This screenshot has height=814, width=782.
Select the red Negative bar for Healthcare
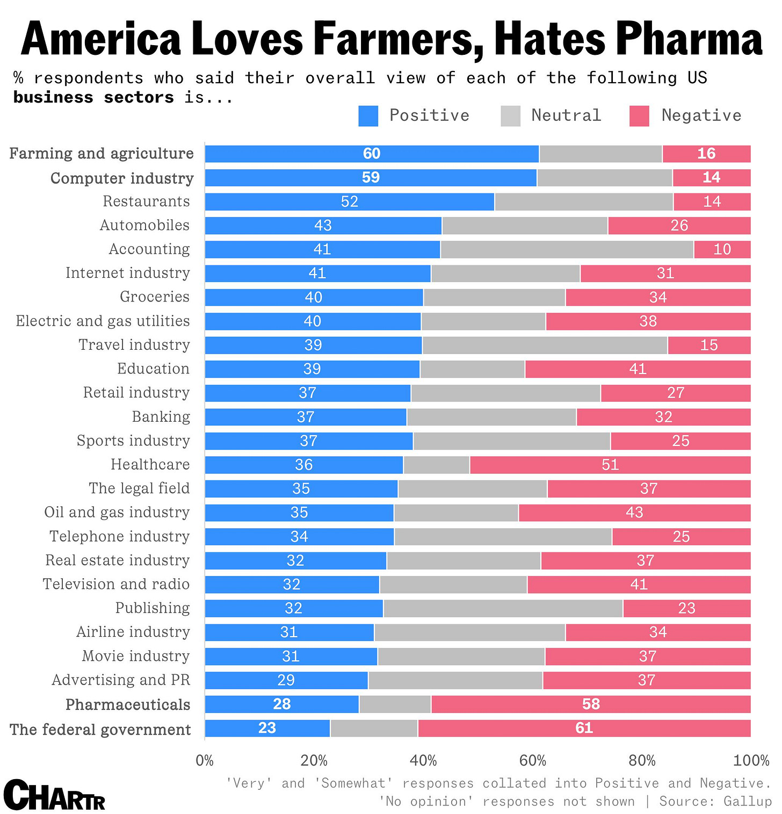point(610,465)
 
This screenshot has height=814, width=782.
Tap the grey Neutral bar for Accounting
point(567,249)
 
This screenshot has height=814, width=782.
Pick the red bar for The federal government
point(584,728)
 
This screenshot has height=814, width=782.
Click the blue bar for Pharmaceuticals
point(281,704)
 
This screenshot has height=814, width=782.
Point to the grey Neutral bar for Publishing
point(503,608)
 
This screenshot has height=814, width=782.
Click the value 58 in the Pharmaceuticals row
point(591,704)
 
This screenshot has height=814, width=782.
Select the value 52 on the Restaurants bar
point(350,201)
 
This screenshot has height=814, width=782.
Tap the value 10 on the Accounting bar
point(722,249)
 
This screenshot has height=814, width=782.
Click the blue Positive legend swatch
point(368,116)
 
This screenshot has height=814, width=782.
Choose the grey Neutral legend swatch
point(510,116)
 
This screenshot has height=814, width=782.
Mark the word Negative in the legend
point(701,116)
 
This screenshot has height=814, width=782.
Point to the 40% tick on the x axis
point(423,760)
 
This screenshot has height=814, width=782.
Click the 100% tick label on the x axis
point(751,760)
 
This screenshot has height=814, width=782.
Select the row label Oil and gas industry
point(117,512)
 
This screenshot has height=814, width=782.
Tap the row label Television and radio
point(116,584)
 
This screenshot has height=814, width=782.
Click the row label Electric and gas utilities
point(103,321)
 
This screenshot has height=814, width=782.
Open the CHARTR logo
point(54,796)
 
